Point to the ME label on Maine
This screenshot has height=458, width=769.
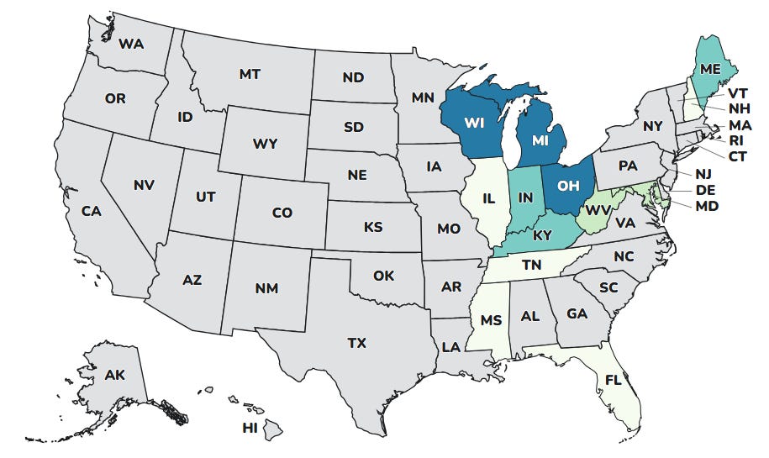(x=710, y=69)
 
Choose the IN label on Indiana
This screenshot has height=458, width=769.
(x=528, y=197)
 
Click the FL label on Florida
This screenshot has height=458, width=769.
(x=614, y=381)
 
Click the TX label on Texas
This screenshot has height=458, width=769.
(x=357, y=342)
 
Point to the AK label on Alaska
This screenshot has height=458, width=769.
(x=115, y=375)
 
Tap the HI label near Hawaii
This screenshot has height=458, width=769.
(x=250, y=428)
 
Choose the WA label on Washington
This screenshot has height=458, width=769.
(x=130, y=43)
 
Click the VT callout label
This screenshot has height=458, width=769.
(x=739, y=93)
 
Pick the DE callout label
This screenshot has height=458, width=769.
(x=706, y=190)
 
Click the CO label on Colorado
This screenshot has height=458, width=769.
(x=282, y=213)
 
